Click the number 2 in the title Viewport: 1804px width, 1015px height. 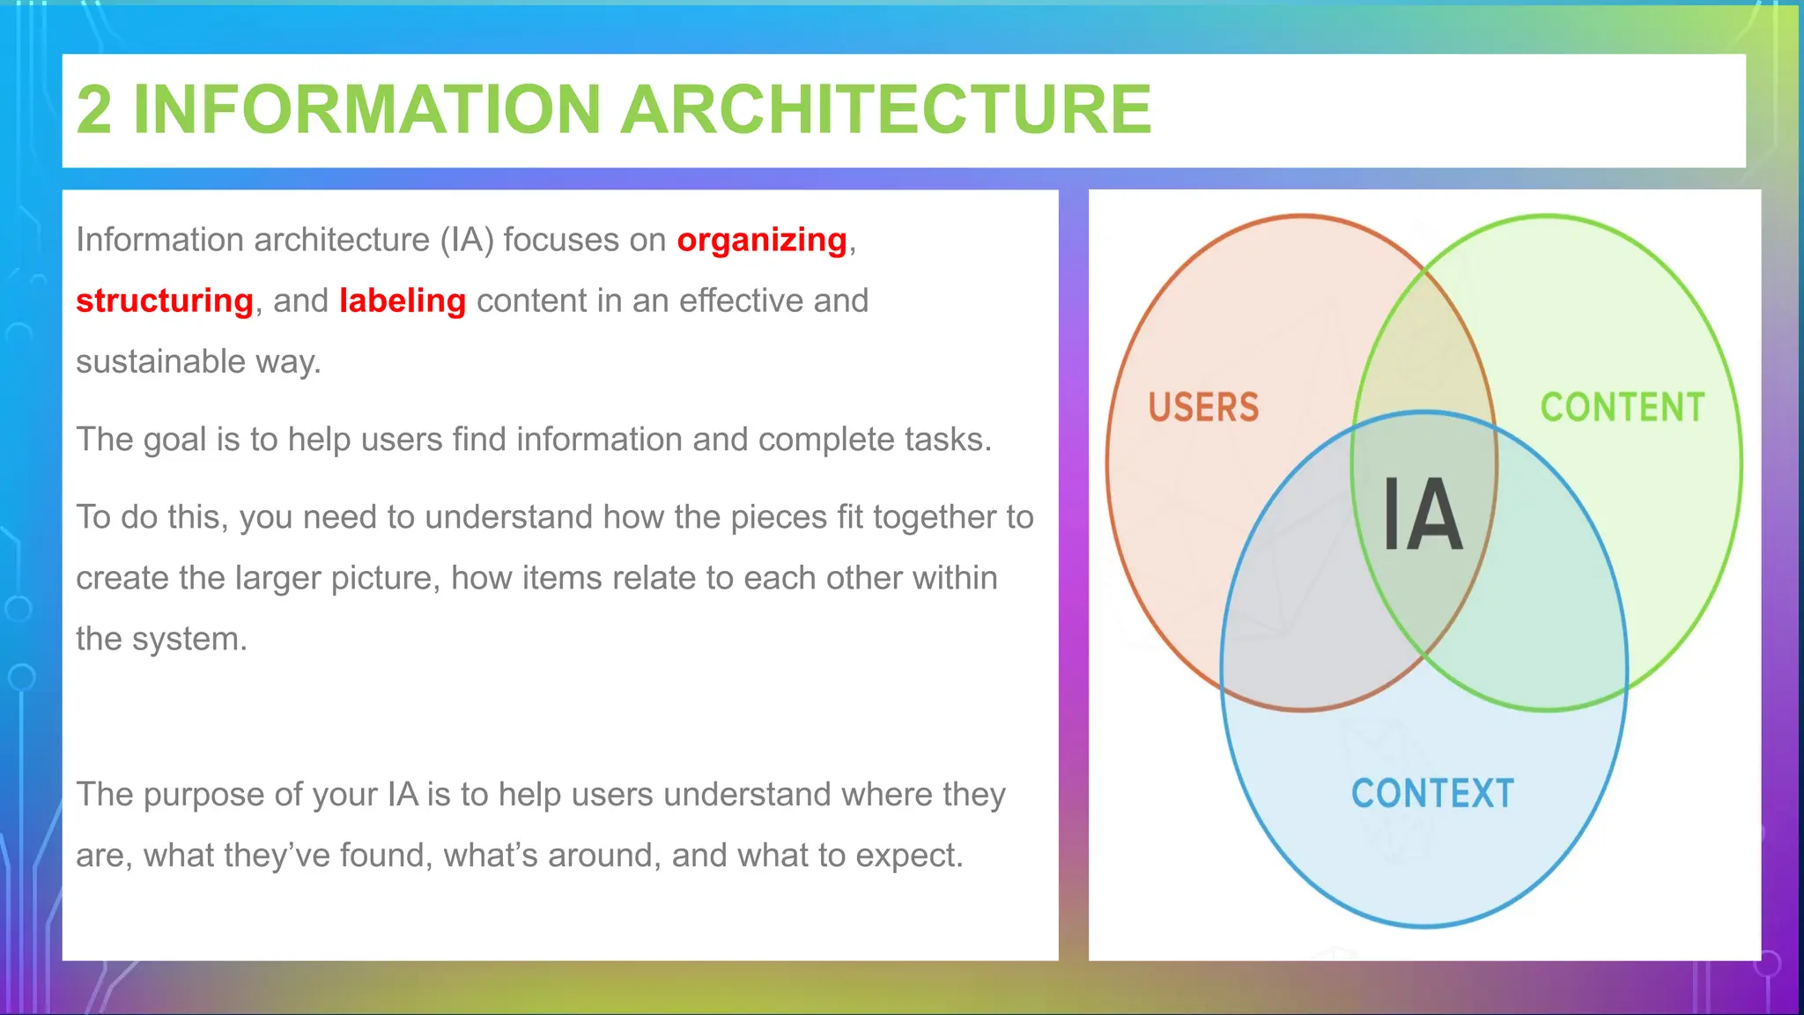point(94,110)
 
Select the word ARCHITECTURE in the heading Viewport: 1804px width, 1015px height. point(886,110)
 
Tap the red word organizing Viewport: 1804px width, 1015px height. point(762,241)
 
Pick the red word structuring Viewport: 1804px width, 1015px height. point(165,301)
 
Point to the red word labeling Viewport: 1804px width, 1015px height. point(403,301)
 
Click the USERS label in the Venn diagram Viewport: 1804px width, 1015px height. point(1203,408)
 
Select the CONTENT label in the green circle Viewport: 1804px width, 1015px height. point(1623,408)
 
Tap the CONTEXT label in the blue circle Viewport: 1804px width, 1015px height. point(1432,794)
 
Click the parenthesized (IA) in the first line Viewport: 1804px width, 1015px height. point(467,241)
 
